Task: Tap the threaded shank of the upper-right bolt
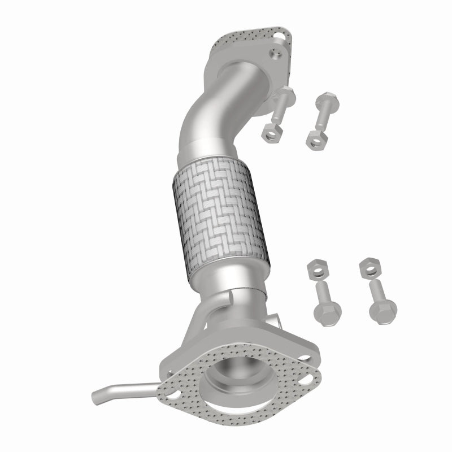[x=320, y=116]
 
